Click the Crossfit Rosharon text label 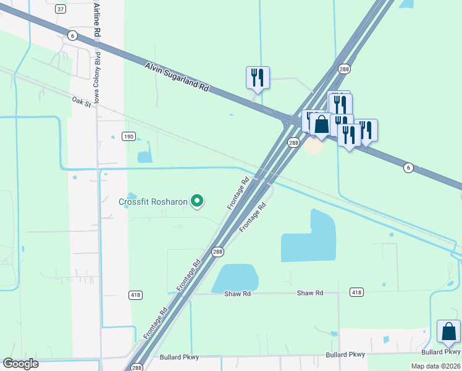click(x=153, y=202)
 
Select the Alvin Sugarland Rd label click(x=178, y=77)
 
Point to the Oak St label click(x=81, y=100)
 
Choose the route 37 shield click(x=61, y=9)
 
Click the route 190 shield click(x=128, y=136)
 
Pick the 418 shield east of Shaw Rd click(x=356, y=292)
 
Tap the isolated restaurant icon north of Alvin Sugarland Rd click(x=258, y=77)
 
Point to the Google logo click(x=20, y=364)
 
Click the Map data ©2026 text click(x=435, y=366)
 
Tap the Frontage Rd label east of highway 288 click(x=253, y=215)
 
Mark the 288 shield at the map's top click(x=345, y=69)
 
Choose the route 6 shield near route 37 click(x=72, y=36)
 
